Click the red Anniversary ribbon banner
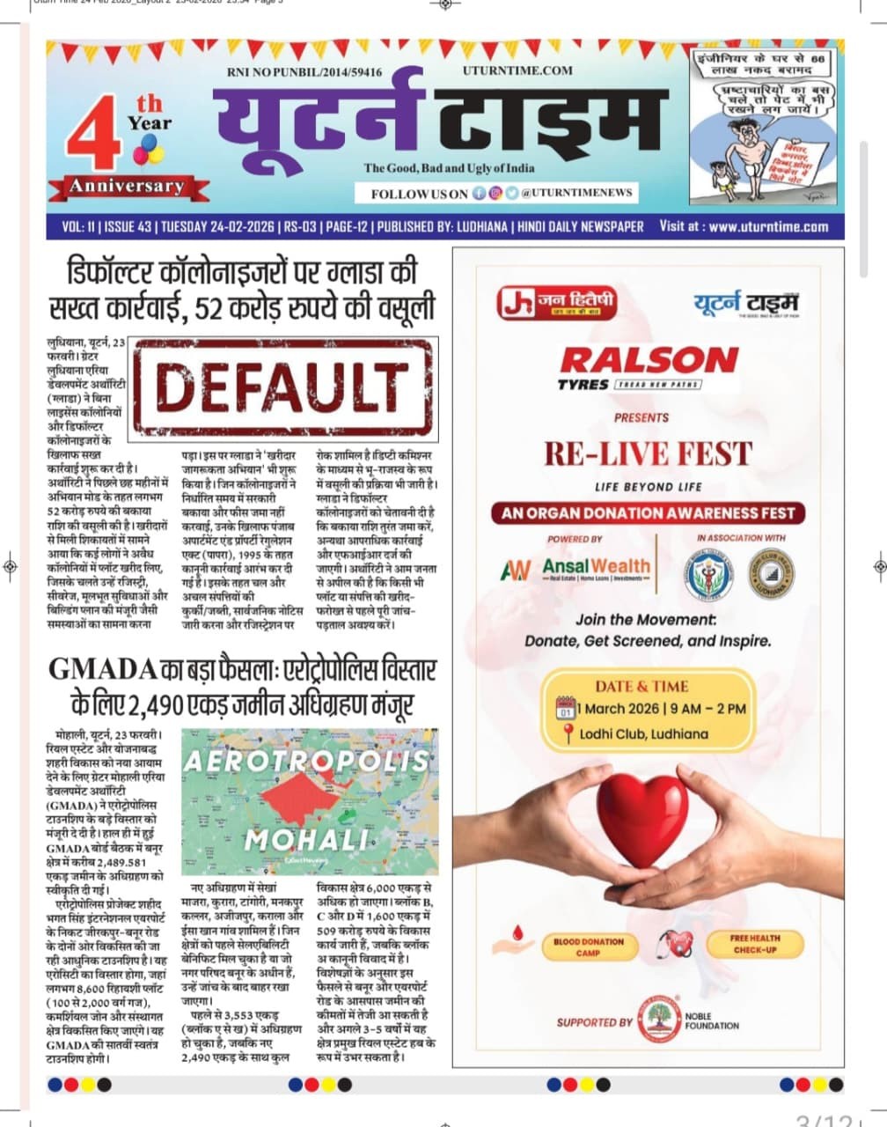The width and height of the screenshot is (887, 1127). click(128, 186)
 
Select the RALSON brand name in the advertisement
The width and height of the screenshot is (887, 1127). click(649, 360)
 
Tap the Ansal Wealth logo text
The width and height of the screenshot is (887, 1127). click(596, 566)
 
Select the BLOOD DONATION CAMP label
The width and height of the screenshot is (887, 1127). click(589, 947)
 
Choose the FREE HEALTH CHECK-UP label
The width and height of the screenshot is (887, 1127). click(755, 944)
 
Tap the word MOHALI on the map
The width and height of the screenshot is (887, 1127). click(306, 839)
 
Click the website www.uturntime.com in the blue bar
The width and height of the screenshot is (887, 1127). click(768, 226)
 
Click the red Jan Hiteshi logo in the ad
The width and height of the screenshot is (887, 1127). click(557, 303)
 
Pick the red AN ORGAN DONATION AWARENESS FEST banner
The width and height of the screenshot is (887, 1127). click(648, 512)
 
